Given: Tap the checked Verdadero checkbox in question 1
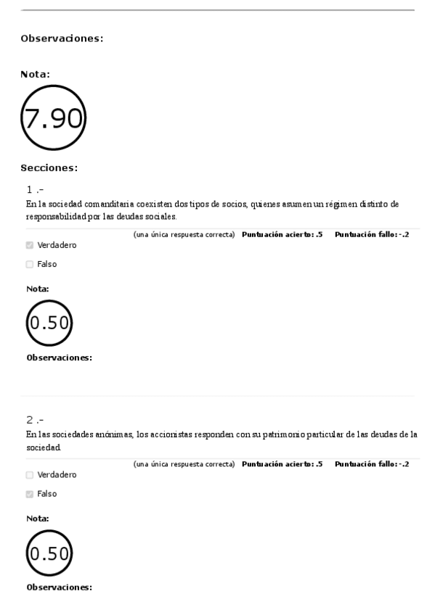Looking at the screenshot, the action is coord(30,245).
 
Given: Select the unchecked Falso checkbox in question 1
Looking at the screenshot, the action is coord(30,264).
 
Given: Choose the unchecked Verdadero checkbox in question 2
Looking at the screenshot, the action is coord(30,475).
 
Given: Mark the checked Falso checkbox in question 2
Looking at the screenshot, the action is coord(30,494).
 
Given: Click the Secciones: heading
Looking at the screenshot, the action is coord(49,168).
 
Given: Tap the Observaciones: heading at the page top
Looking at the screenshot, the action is coord(62,39).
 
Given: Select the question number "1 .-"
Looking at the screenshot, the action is coord(35,190).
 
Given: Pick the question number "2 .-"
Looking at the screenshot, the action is coord(35,420).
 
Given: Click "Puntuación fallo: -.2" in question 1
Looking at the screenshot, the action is coord(372,234).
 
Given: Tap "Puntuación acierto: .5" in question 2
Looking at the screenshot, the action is coord(282,464).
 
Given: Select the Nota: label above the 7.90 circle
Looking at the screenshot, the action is coord(36,73).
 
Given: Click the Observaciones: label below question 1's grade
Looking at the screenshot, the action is coord(59,358).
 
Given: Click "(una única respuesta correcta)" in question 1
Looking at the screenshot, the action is coord(184,234).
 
